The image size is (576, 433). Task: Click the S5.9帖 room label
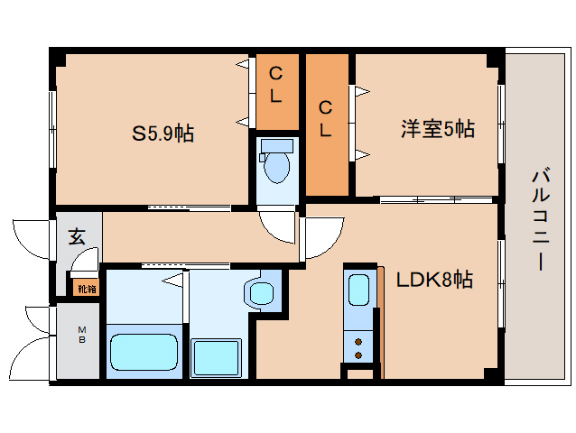click(163, 134)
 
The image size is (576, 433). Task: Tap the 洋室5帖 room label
click(438, 130)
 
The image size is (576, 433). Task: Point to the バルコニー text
click(539, 219)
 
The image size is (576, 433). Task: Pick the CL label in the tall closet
click(326, 118)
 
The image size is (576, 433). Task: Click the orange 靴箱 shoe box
click(85, 289)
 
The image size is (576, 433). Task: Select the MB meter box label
click(80, 335)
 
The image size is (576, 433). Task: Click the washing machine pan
click(217, 358)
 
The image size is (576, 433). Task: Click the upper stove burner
click(359, 342)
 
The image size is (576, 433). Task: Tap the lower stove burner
click(359, 355)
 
